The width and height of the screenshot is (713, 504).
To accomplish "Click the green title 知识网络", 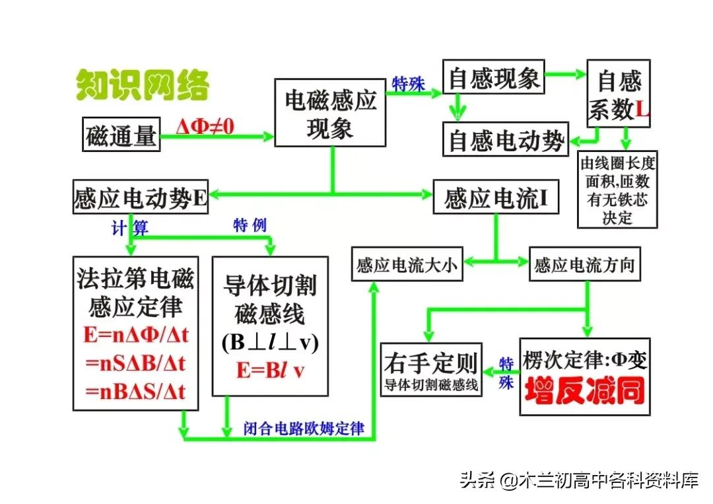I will (x=143, y=85).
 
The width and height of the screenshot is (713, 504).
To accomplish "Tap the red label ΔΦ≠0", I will (x=205, y=126).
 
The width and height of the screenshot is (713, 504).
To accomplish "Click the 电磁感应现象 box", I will (x=330, y=112).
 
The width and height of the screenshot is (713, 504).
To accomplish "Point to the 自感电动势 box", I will (x=506, y=140).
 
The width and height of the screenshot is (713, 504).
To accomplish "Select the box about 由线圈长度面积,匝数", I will (x=617, y=189).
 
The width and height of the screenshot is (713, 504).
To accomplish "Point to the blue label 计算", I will (x=129, y=228).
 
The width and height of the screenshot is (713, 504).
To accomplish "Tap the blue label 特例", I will (x=250, y=225).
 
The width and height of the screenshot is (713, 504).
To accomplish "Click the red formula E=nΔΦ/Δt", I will (x=136, y=335).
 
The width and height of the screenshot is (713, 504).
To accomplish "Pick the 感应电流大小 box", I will (x=406, y=266).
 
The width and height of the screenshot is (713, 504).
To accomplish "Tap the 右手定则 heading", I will (x=431, y=362).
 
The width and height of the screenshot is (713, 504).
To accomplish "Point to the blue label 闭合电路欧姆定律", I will (x=304, y=428).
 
